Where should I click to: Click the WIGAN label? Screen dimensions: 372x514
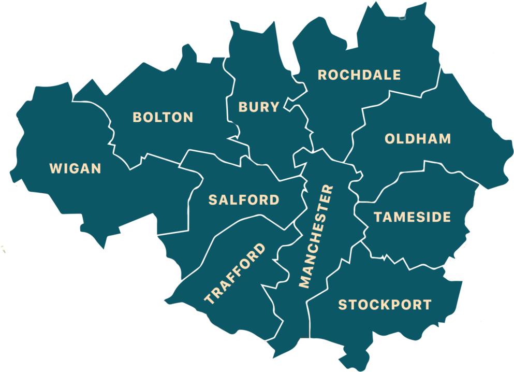point(75,169)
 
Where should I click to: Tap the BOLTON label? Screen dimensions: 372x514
point(163,118)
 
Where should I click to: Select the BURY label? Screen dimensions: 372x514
point(259,107)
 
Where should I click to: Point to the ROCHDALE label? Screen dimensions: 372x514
point(359,75)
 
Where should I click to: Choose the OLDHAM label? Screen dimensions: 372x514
point(418,139)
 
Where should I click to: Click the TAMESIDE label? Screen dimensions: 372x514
point(412,217)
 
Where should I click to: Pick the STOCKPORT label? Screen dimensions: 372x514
point(385,305)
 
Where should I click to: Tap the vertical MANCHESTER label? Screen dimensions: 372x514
point(316,236)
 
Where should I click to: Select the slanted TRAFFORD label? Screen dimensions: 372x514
point(235,273)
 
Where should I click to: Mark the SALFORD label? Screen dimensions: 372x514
point(244,200)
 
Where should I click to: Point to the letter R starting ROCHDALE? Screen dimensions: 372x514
point(322,75)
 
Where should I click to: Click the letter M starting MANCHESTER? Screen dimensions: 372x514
point(305,281)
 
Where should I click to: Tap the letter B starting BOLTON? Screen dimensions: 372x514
point(138,118)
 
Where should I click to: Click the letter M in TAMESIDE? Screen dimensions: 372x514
point(401,217)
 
